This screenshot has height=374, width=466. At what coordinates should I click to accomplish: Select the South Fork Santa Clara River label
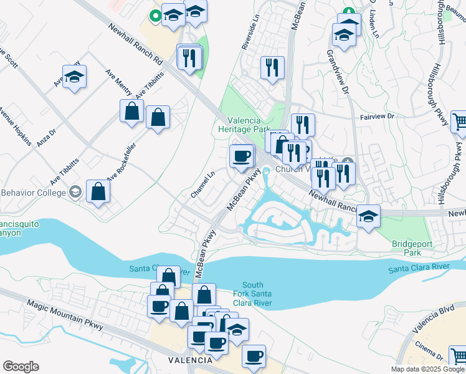[253, 294]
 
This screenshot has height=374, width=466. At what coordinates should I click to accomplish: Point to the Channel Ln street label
[203, 185]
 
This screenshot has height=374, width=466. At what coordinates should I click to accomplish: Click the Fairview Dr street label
[378, 117]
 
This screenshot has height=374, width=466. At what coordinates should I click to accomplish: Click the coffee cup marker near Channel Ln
[241, 156]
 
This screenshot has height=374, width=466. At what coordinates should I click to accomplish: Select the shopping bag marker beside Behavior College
[98, 191]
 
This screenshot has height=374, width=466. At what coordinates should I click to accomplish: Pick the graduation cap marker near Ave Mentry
[75, 77]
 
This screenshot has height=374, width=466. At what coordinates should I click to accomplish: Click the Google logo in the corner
[21, 367]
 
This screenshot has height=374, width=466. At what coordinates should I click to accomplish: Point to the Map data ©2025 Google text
[427, 369]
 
